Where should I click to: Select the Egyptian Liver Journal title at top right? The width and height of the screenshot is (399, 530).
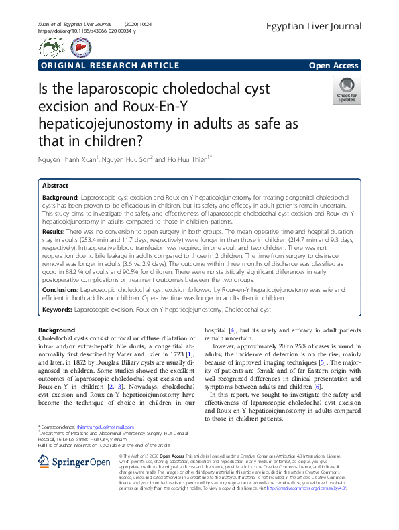(x=313, y=27)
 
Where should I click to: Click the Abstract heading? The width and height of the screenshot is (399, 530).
(x=55, y=185)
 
